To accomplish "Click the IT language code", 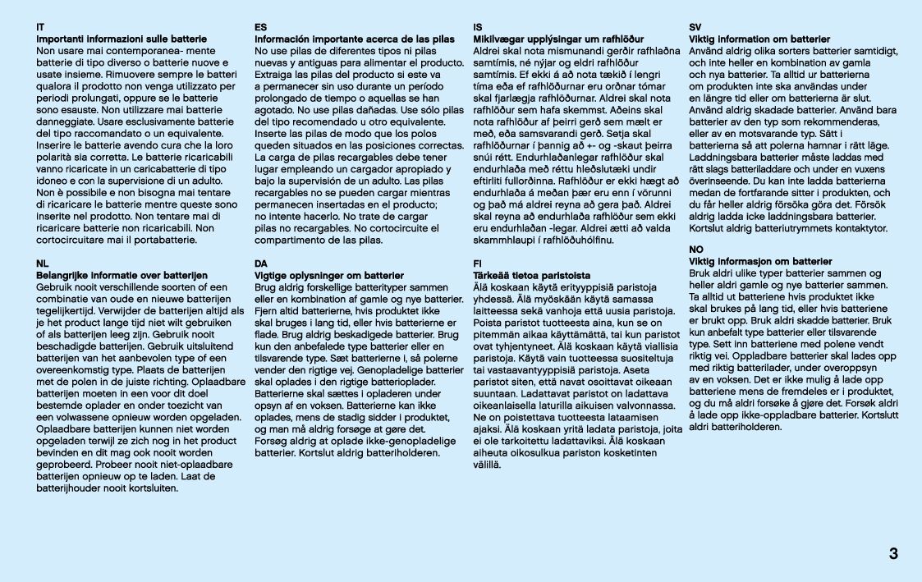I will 40,27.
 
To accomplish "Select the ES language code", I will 260,27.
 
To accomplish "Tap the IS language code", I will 478,27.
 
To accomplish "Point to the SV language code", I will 695,27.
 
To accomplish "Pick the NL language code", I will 42,264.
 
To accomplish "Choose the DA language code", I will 261,264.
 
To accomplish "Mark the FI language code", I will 478,264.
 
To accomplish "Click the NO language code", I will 696,249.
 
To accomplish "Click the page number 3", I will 893,553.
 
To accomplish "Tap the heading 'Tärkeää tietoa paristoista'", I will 532,275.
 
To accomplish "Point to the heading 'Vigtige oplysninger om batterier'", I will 329,275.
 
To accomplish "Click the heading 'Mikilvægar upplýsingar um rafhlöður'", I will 558,39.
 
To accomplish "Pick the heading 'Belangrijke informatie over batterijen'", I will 122,275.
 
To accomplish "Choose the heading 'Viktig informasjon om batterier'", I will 760,261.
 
